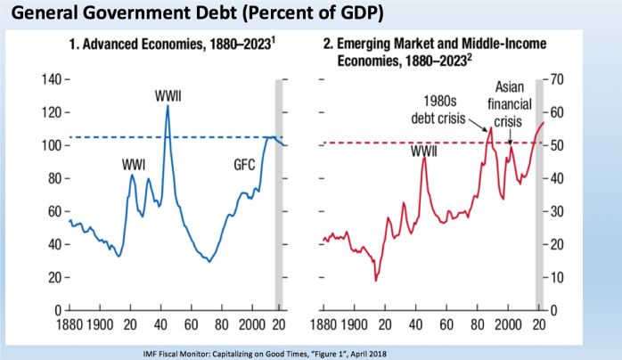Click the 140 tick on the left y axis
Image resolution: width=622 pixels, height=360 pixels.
click(x=53, y=79)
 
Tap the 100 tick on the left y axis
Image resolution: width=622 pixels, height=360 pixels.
click(x=53, y=145)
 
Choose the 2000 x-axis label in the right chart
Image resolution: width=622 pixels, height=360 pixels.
click(x=506, y=322)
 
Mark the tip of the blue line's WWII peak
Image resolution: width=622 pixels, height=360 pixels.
click(x=168, y=106)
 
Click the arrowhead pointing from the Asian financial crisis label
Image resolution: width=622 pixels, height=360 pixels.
click(x=509, y=143)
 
